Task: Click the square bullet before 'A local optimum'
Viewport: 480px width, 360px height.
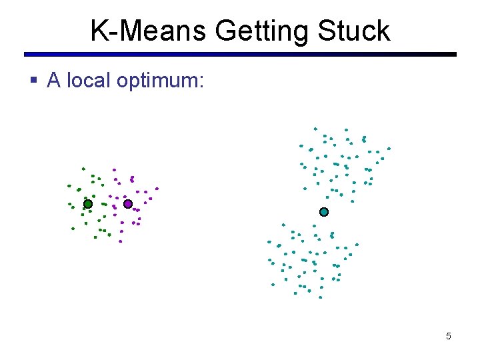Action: pyautogui.click(x=35, y=81)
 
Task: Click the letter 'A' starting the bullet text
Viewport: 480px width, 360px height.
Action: pyautogui.click(x=54, y=81)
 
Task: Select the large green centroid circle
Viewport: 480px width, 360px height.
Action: pyautogui.click(x=87, y=204)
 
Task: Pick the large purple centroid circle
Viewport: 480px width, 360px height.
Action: pyautogui.click(x=128, y=204)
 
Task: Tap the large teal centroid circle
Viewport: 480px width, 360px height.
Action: pyautogui.click(x=324, y=212)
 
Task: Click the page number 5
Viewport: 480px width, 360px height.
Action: pyautogui.click(x=448, y=336)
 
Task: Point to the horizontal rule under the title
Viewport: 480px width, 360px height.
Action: pyautogui.click(x=240, y=55)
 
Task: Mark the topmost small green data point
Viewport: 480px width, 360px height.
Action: pyautogui.click(x=83, y=168)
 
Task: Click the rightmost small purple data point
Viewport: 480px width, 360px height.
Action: pyautogui.click(x=157, y=188)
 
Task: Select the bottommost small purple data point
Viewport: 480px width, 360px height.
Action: pyautogui.click(x=121, y=241)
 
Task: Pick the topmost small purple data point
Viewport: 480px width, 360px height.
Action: pyautogui.click(x=114, y=169)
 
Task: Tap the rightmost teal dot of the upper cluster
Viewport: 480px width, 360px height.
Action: pyautogui.click(x=389, y=149)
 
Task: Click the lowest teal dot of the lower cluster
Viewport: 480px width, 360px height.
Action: pyautogui.click(x=320, y=297)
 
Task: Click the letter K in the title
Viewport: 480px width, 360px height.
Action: pyautogui.click(x=97, y=31)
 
